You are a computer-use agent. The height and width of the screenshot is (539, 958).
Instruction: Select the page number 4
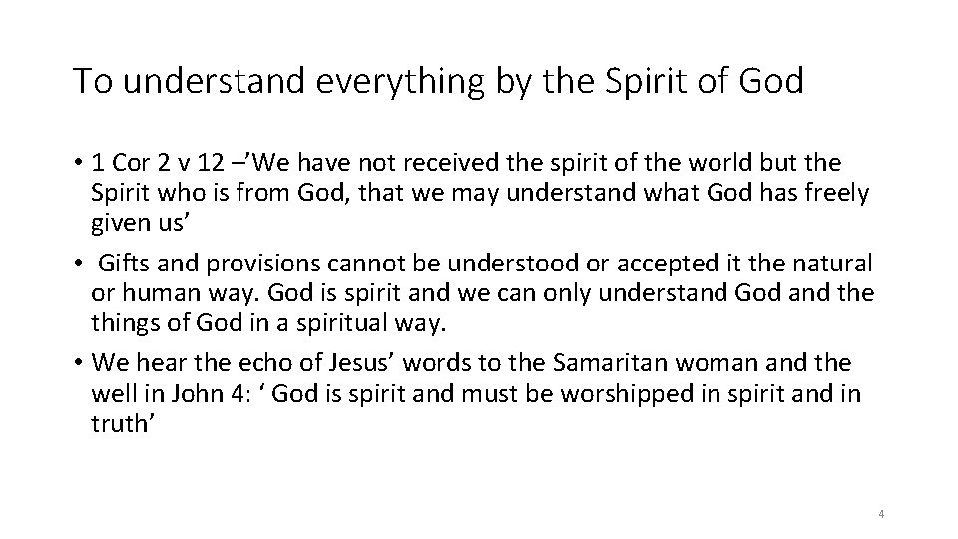point(882,513)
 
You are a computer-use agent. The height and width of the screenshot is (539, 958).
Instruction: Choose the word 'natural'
point(833,266)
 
